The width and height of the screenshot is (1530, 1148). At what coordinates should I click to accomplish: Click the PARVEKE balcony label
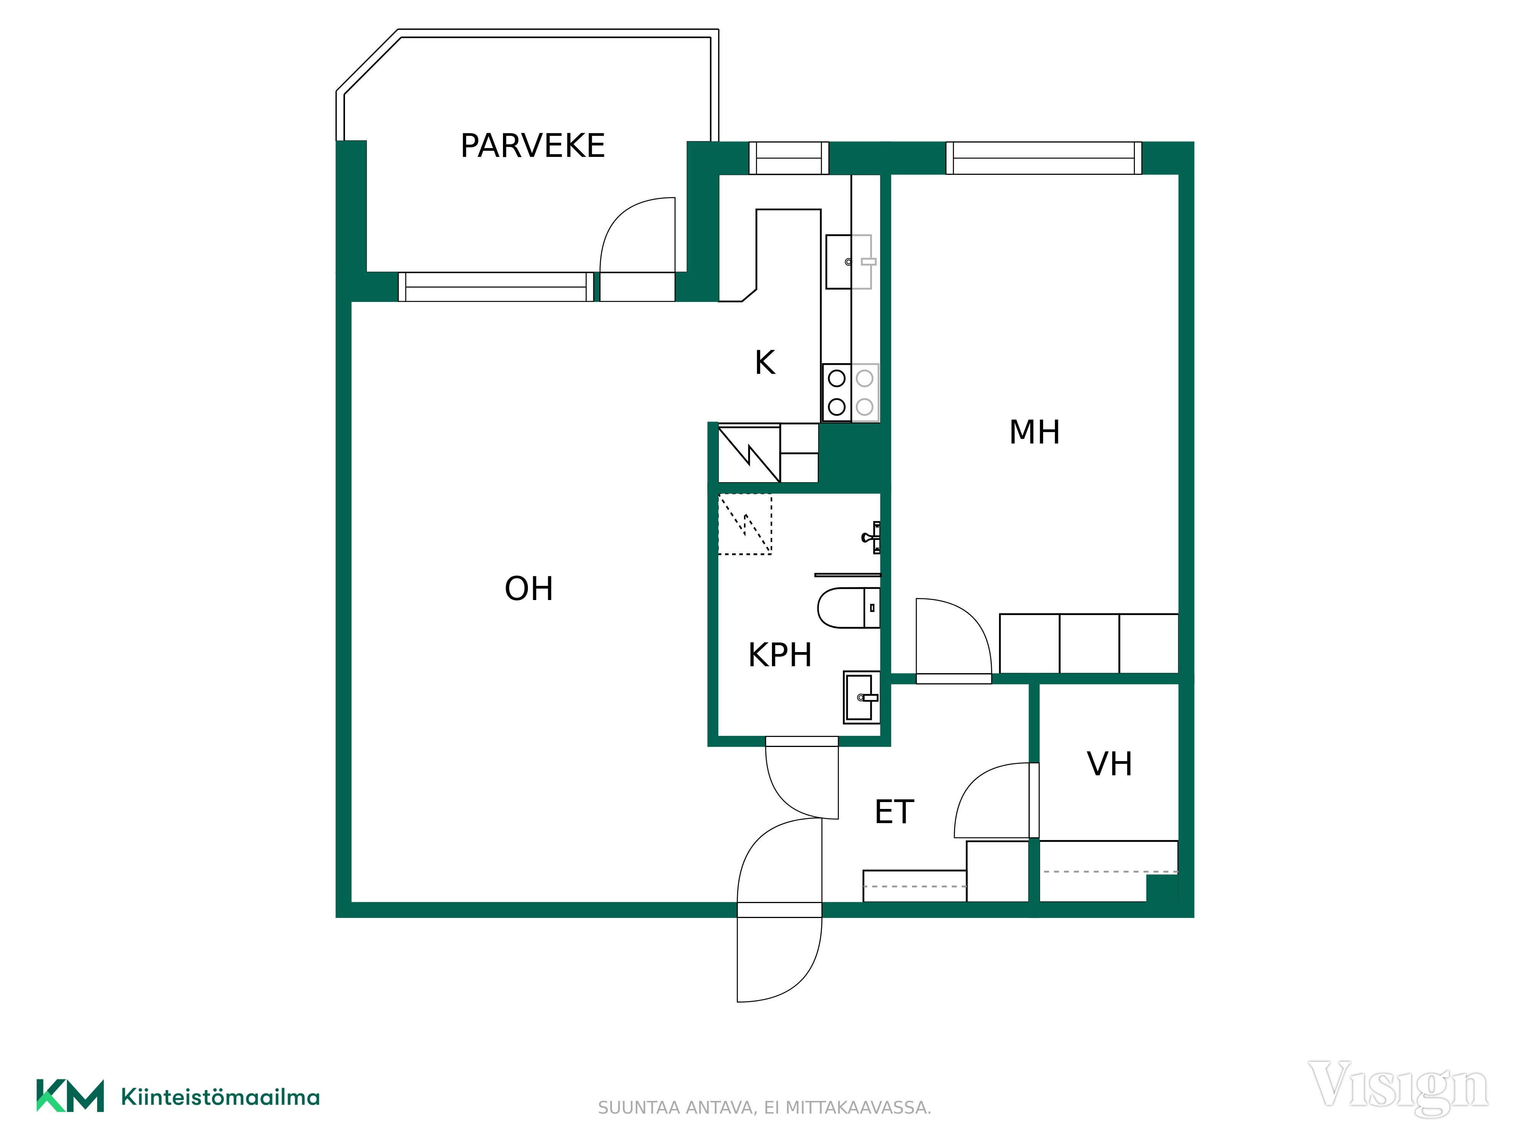click(532, 146)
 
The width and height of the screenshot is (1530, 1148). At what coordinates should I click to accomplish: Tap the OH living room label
click(529, 589)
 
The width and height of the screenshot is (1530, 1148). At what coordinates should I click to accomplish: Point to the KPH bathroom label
click(780, 655)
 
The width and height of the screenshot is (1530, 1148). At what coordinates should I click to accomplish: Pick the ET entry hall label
click(894, 812)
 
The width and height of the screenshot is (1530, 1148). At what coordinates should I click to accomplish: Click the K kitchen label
click(765, 363)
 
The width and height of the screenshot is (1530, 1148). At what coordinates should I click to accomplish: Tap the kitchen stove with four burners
click(850, 392)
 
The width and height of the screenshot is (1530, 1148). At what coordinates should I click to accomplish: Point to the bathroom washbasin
click(861, 697)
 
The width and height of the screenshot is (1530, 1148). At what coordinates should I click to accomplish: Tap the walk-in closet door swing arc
click(977, 781)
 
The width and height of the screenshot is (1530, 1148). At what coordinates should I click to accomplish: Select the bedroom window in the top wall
click(1044, 158)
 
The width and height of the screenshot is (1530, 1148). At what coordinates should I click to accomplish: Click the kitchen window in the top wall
click(788, 158)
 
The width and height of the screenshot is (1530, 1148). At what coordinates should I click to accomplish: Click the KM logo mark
click(70, 1096)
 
